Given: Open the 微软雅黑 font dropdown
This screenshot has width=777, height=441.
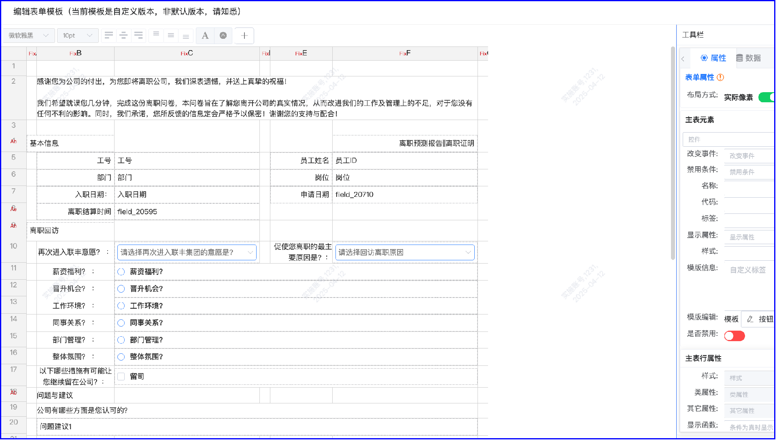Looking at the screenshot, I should point(28,36).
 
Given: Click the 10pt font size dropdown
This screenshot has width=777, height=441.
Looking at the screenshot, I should point(77,36).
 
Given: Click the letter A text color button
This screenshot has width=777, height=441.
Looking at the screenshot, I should point(205,36).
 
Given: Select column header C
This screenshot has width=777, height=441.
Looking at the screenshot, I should point(187,53).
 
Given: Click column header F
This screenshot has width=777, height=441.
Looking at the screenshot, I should point(405,53).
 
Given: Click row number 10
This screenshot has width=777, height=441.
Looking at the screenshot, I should point(14,246).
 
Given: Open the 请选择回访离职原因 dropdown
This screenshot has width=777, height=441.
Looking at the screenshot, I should point(405,253).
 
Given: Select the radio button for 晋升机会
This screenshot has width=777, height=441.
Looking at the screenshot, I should point(121,289).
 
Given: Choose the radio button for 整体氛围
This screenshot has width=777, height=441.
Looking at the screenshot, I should point(121,357).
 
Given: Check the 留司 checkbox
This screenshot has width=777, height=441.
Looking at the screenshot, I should point(121,377).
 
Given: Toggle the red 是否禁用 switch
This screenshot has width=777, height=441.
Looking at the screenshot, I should point(734,336).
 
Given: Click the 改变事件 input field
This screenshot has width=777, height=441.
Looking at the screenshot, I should point(749,156).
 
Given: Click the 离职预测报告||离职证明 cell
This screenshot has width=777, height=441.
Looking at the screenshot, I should point(405,143).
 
